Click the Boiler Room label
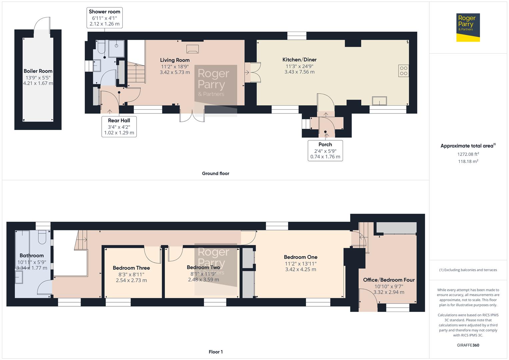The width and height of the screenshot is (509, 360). click(x=38, y=71)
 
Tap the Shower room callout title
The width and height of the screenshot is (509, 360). click(x=104, y=12)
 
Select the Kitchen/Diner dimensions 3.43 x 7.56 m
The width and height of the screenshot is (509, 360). click(x=299, y=72)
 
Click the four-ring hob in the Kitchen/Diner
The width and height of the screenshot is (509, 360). click(x=403, y=71)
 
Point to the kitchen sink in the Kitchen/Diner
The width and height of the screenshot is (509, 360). click(x=380, y=100)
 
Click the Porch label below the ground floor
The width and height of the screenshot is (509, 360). click(x=325, y=145)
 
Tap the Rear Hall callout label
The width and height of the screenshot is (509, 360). click(x=119, y=121)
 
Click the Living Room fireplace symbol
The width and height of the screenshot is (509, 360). click(x=193, y=49)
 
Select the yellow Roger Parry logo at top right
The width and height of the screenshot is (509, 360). click(x=468, y=28)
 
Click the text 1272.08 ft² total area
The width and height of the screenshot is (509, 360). click(x=468, y=154)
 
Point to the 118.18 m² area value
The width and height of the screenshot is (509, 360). click(x=468, y=161)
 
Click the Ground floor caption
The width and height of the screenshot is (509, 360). click(x=215, y=173)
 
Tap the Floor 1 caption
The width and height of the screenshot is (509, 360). click(x=215, y=352)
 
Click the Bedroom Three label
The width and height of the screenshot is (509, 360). click(x=131, y=268)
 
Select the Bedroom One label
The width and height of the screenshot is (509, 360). click(x=300, y=257)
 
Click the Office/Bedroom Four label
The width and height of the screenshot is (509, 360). click(x=389, y=280)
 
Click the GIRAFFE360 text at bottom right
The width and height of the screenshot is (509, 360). click(x=468, y=345)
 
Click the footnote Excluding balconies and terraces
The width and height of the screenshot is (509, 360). click(x=468, y=270)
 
